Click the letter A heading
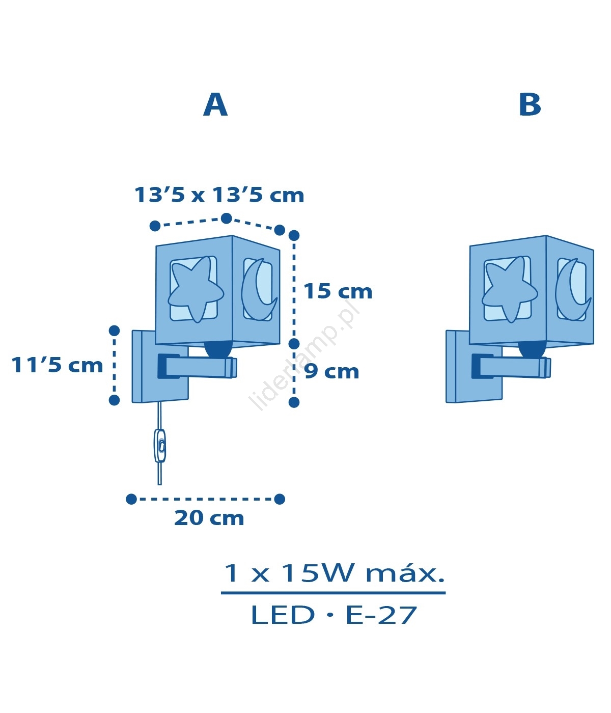215,105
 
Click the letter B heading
530,105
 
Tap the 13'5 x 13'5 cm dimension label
219,195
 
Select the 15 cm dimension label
338,291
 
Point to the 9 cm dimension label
331,371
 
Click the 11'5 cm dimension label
57,365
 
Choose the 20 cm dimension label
209,518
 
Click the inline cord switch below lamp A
160,446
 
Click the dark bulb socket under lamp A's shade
218,348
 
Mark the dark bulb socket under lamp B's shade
533,348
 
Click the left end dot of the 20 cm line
131,499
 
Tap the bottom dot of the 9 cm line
294,402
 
